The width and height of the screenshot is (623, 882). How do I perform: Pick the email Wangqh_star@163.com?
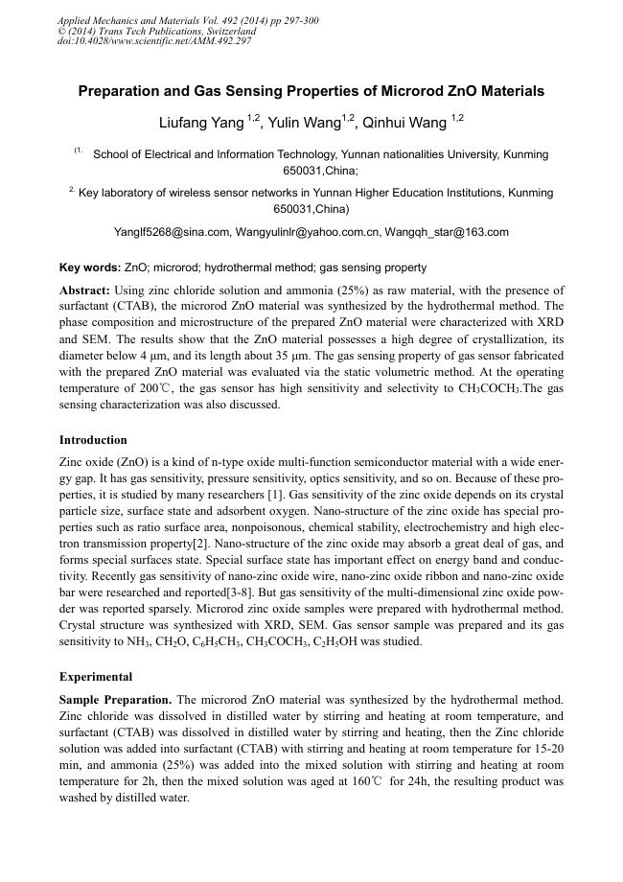(x=448, y=232)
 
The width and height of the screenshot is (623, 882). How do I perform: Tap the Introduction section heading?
(x=93, y=440)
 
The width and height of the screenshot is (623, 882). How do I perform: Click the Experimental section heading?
(x=96, y=676)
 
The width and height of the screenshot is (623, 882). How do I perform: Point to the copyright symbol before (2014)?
(x=62, y=31)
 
